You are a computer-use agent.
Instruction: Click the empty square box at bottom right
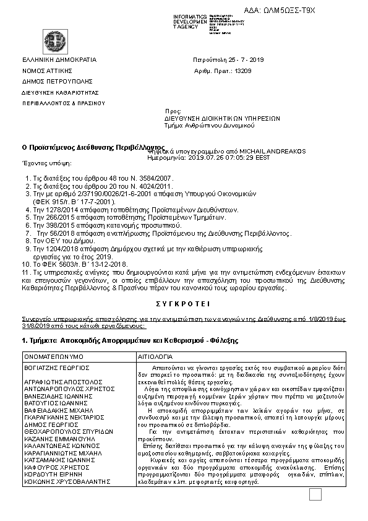pos(315,511)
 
